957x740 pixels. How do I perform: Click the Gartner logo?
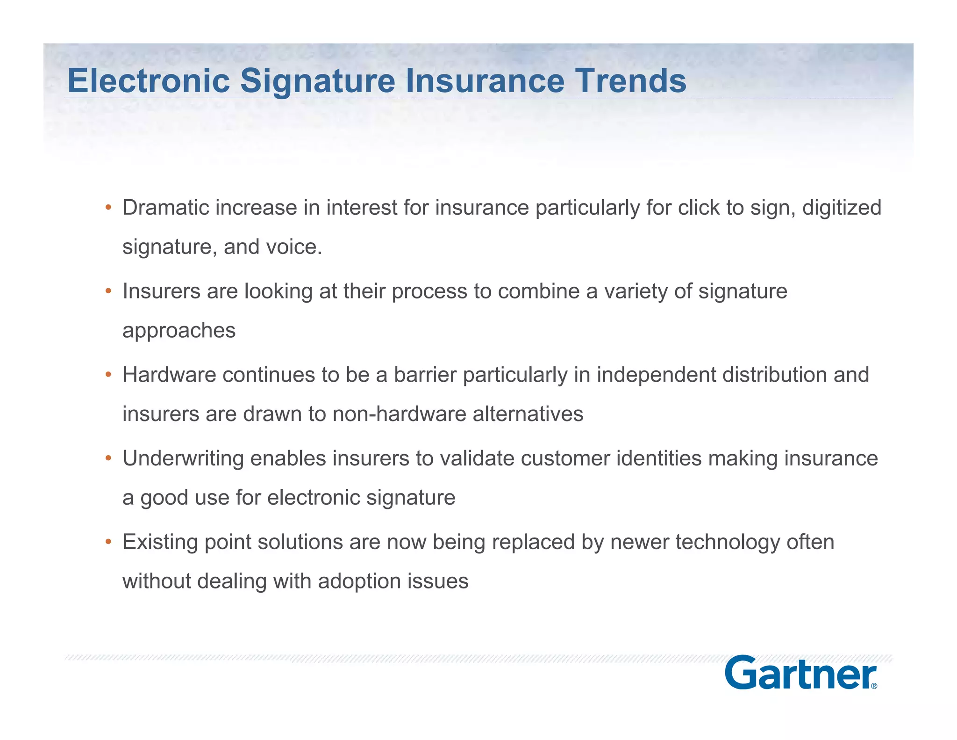click(x=800, y=673)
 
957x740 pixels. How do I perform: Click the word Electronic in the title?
click(x=149, y=81)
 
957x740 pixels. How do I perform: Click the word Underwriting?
click(x=183, y=459)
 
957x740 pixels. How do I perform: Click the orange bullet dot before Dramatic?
click(x=108, y=207)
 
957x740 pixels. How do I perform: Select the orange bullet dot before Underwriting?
click(x=108, y=458)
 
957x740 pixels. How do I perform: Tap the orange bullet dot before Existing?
click(x=108, y=542)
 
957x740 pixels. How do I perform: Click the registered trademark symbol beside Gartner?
click(x=874, y=686)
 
